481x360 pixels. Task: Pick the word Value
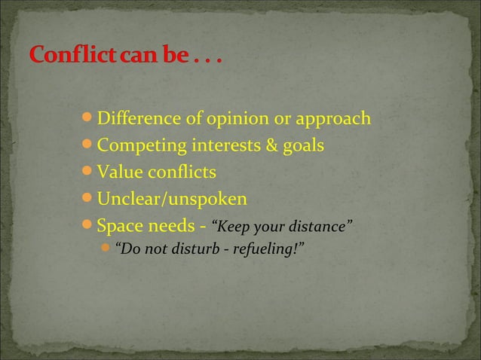click(118, 173)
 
